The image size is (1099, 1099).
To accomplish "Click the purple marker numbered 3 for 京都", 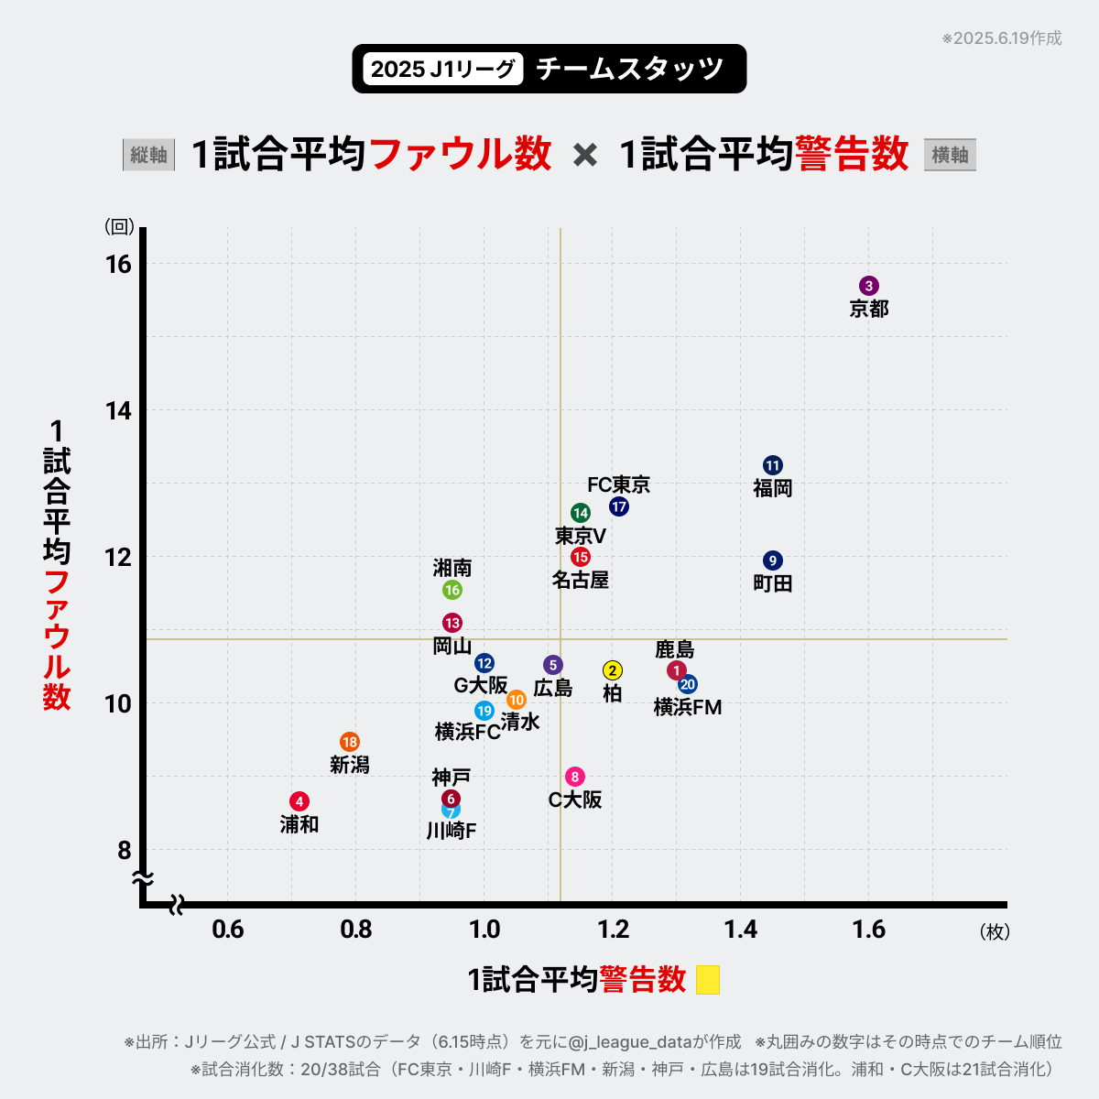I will [x=869, y=286].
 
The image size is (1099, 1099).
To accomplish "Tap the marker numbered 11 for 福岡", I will [x=773, y=465].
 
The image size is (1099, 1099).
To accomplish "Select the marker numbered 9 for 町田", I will [x=773, y=560].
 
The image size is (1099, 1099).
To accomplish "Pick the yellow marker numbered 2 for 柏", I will [x=613, y=670].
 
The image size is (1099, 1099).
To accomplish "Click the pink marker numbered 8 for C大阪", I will [x=575, y=777].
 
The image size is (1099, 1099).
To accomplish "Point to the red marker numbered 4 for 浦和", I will [x=299, y=801].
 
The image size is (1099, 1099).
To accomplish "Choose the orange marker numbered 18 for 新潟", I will [x=350, y=742].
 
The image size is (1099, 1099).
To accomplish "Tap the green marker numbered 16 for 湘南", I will [x=452, y=590].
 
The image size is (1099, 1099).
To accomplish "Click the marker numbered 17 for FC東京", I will [x=619, y=506].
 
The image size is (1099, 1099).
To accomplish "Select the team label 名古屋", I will [x=581, y=580].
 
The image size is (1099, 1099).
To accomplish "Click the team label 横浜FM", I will [x=688, y=707].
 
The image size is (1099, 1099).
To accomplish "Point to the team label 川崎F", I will [x=452, y=831].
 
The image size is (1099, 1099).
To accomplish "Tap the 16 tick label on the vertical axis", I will [x=119, y=264].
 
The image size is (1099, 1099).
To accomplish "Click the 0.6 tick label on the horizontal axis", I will [x=228, y=930].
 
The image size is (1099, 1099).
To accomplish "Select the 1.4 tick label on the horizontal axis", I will [x=741, y=930].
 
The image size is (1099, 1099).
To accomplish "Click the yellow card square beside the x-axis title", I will [x=708, y=980].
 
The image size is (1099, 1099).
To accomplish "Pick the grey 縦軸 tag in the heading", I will [x=148, y=155].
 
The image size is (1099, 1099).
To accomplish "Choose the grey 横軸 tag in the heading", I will [x=950, y=155].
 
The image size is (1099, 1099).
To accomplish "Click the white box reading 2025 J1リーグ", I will [x=443, y=69].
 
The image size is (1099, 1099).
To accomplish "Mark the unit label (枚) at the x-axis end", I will [x=995, y=931].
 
